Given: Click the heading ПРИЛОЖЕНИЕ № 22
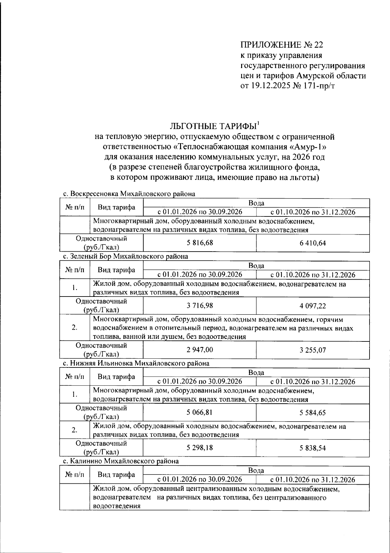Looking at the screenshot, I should [282, 45].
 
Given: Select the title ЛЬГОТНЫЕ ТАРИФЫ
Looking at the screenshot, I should [214, 126].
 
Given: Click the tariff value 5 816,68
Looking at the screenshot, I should [200, 243].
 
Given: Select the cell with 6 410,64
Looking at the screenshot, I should [313, 243].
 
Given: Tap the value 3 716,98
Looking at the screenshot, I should [200, 305].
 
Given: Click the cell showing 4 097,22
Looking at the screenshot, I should [313, 306].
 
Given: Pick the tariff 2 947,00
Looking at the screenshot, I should [200, 350].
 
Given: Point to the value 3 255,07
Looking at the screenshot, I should [313, 350].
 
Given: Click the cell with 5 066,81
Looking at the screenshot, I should [200, 412].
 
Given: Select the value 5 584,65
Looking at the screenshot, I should [313, 413].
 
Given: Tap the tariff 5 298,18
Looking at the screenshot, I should [200, 448].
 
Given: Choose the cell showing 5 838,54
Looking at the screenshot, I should [313, 448].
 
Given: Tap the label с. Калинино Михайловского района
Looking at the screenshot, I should [120, 461].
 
